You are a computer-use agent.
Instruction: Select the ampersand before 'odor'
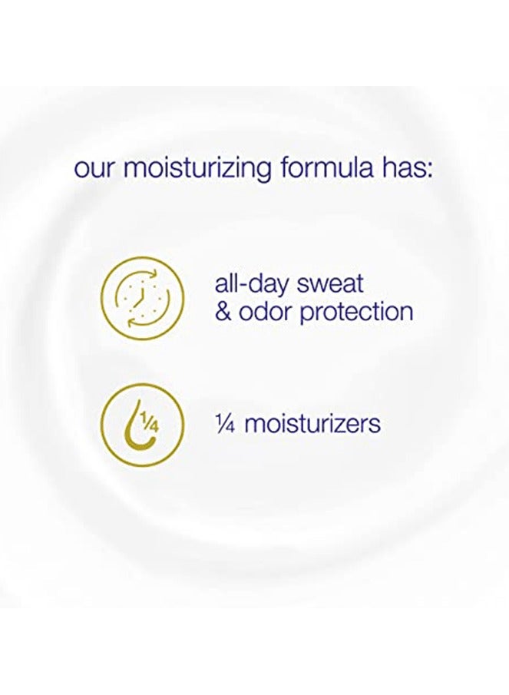(223, 311)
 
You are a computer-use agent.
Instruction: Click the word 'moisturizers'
(312, 423)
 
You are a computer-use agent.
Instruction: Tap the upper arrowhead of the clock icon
(153, 273)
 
